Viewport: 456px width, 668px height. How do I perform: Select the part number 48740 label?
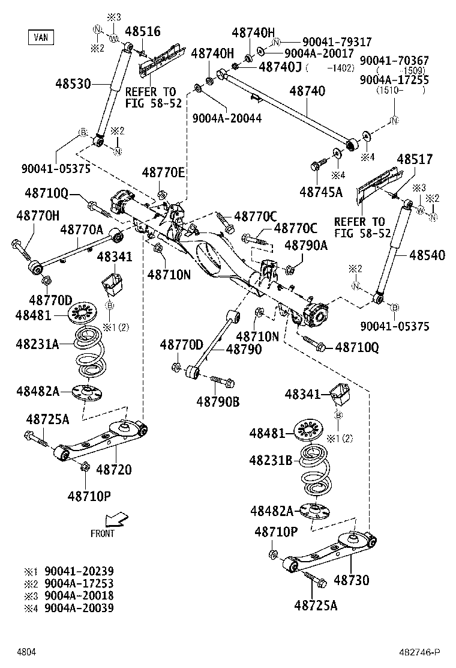(x=307, y=91)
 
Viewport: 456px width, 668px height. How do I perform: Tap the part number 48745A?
(x=320, y=192)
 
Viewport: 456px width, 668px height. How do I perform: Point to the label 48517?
(x=415, y=159)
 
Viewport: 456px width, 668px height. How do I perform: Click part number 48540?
(x=427, y=255)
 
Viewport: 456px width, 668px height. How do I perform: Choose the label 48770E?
(x=164, y=172)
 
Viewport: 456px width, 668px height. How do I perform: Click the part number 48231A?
(x=37, y=344)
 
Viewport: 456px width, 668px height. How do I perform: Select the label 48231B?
(x=271, y=460)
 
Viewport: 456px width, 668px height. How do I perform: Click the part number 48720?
(x=114, y=469)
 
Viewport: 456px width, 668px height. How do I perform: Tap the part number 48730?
(x=352, y=580)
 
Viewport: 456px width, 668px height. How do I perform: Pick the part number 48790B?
(x=218, y=401)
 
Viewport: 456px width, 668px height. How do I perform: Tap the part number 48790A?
(x=306, y=245)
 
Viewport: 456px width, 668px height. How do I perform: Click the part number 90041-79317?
(x=337, y=42)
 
